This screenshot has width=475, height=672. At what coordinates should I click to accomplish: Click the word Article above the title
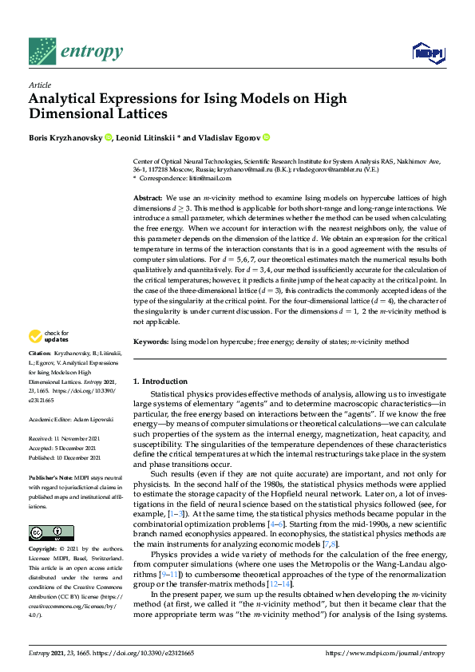pyautogui.click(x=39, y=85)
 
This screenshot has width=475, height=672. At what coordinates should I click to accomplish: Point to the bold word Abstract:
pyautogui.click(x=148, y=197)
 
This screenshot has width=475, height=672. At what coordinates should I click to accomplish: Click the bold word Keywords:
pyautogui.click(x=151, y=342)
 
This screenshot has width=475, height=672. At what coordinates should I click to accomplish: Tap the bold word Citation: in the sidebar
pyautogui.click(x=40, y=374)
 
